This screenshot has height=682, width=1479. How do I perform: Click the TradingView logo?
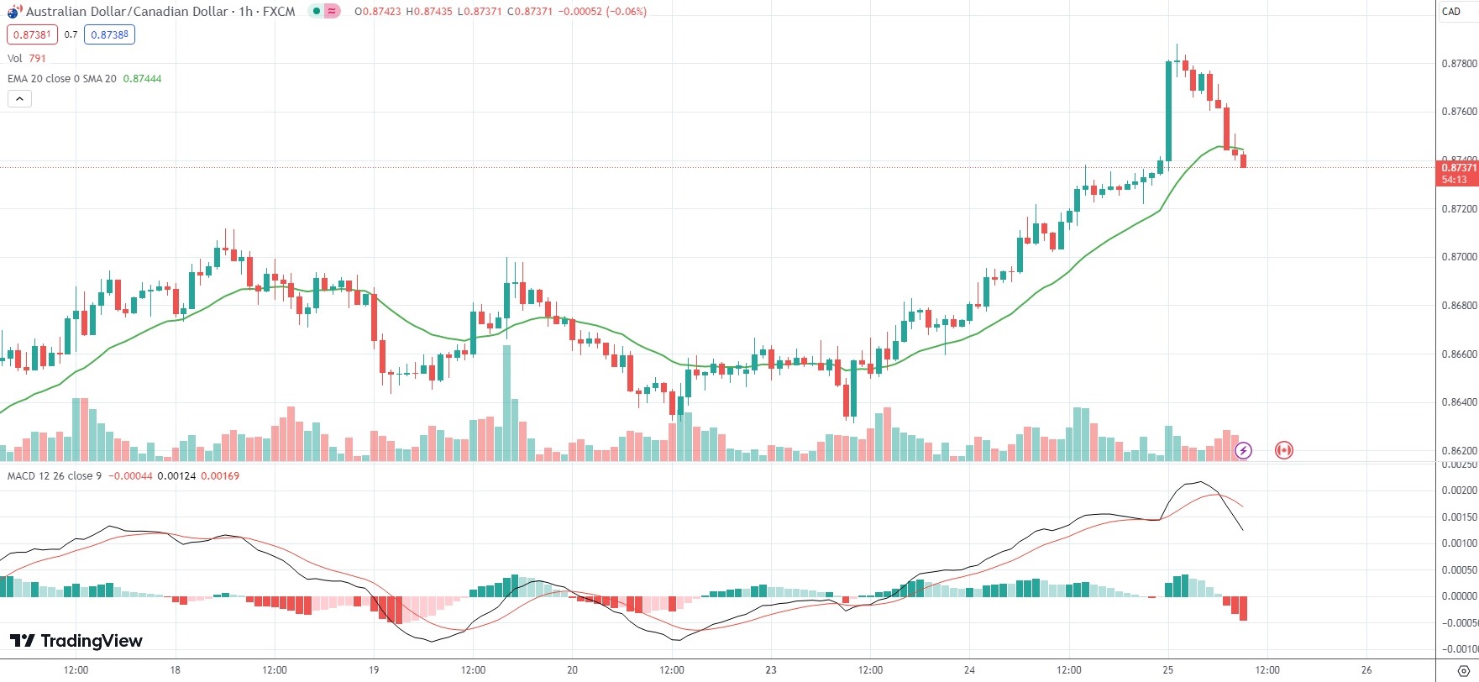[x=76, y=641]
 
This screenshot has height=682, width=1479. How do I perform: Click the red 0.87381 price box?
[x=32, y=34]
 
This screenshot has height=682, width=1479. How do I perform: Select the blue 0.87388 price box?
[x=109, y=34]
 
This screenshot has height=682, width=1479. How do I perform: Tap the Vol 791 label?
[x=27, y=58]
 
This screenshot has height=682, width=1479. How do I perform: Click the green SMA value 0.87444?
[x=142, y=78]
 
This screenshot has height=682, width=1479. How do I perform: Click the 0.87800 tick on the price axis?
[x=1459, y=64]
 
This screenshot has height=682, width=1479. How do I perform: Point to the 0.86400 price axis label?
[x=1459, y=402]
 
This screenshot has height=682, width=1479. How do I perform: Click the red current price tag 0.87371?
[x=1459, y=168]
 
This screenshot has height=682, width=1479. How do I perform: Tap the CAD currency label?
[x=1451, y=12]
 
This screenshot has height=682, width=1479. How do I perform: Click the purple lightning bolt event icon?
[x=1243, y=450]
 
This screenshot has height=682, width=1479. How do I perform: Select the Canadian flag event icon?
[x=1283, y=450]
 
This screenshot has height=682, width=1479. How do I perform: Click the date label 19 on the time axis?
[x=374, y=669]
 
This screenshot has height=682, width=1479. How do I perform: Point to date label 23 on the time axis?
[x=771, y=669]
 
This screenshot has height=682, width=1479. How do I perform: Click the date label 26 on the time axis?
[x=1366, y=669]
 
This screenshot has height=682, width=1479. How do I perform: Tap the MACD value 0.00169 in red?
[x=222, y=476]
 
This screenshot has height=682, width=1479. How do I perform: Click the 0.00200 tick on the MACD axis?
[x=1459, y=491]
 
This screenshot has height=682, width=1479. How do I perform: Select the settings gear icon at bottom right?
[x=1463, y=669]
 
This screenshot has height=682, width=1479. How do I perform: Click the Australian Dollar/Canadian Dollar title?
[x=126, y=12]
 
